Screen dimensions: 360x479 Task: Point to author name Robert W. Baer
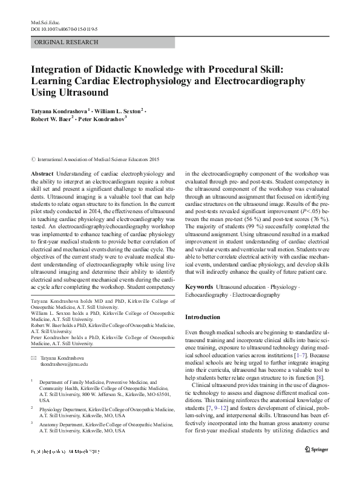(51, 120)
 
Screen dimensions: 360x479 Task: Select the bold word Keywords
(199, 286)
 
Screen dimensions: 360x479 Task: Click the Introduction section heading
(203, 317)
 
